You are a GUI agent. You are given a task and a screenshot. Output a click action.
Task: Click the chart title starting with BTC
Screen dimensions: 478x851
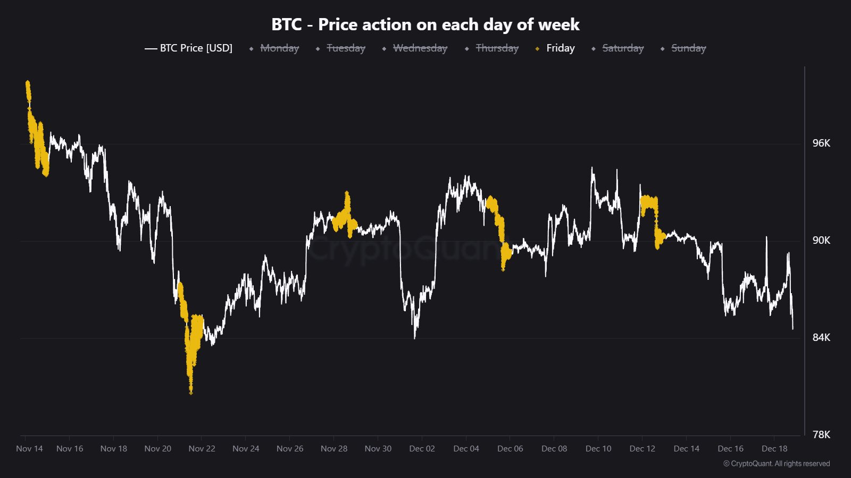coord(425,24)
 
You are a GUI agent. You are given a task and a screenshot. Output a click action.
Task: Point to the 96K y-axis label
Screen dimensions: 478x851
coord(821,143)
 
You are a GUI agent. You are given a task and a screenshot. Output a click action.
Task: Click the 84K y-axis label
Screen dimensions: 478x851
coord(821,338)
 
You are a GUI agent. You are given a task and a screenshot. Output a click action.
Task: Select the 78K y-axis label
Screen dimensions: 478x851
coord(821,435)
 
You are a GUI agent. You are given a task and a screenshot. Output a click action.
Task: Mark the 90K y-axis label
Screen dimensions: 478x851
coord(821,241)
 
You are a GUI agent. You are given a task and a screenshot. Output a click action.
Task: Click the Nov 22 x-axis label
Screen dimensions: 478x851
coord(202,449)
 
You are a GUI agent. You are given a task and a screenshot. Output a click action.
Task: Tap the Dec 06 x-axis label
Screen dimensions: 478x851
coord(510,449)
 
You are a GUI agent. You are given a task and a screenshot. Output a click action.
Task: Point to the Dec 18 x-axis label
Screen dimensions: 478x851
coord(774,449)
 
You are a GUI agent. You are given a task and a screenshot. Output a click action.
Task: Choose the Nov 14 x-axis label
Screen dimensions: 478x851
coord(29,449)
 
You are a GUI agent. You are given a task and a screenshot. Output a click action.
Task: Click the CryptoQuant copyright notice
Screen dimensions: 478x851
coord(777,464)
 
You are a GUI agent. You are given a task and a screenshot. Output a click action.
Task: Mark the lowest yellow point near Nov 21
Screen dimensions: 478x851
coord(190,392)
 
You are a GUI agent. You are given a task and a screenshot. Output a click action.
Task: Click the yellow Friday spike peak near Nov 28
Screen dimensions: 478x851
coord(347,193)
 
